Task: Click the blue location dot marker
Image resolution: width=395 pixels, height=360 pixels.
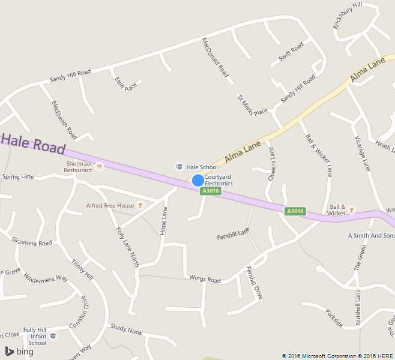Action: [197, 180]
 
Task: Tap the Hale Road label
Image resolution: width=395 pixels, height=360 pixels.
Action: [33, 145]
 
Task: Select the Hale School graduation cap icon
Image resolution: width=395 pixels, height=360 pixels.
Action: [178, 167]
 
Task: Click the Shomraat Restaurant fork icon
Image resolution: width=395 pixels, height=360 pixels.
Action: [100, 167]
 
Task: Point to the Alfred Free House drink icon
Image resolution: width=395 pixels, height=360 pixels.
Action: [140, 205]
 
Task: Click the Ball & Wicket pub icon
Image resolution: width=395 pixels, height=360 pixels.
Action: [351, 210]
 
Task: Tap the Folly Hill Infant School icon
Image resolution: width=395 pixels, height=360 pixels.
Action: [53, 336]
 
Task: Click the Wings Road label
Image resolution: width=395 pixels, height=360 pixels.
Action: [205, 280]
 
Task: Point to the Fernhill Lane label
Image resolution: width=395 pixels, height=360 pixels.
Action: [233, 234]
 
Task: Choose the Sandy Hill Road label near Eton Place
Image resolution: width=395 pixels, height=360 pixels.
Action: [70, 76]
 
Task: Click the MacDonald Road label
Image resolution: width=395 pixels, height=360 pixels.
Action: [216, 58]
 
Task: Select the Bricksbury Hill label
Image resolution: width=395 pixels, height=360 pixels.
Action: [348, 16]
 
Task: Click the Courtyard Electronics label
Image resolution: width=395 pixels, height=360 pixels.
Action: [219, 180]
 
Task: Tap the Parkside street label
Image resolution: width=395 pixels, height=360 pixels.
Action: [334, 318]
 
